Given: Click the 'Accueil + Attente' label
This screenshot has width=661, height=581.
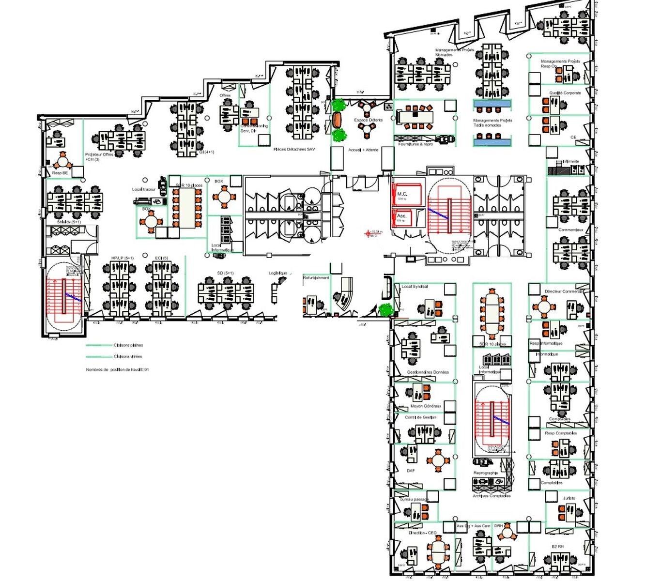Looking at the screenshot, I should coord(363,150).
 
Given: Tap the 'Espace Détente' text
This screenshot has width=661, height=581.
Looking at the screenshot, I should coord(368,120).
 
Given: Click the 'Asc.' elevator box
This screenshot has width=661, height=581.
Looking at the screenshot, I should coord(402,217).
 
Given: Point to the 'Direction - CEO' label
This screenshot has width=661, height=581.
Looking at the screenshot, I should coord(422,533).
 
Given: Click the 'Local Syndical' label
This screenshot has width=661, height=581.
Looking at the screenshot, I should coord(415,287).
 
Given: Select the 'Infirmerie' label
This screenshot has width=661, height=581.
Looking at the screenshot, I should coord(571,161).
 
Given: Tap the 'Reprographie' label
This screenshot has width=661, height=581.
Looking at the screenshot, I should coord(486,473).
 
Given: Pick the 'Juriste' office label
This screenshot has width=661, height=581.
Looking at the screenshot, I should coord(569,498).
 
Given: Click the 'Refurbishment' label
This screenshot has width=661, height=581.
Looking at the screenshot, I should coord(316,278).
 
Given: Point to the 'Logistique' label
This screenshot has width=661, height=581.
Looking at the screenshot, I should coord(278,274).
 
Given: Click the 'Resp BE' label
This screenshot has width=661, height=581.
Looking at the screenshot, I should coord(60,173).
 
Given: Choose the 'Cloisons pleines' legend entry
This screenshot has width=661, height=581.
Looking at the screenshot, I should coord(128,345).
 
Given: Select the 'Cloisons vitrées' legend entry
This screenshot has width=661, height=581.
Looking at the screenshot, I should coord(128,356).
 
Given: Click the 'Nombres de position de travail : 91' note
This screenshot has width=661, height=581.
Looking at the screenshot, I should coord(117,370).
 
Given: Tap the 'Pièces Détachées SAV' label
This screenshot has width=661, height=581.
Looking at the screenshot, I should coord(294,150).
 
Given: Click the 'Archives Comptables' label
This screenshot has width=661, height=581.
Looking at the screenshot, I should coord(492,496).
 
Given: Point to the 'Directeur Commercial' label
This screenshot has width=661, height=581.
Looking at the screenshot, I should coord(564,291).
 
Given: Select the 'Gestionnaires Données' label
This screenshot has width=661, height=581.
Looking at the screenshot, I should coord(428,372).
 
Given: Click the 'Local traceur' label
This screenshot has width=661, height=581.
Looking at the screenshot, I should coord(143,189).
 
